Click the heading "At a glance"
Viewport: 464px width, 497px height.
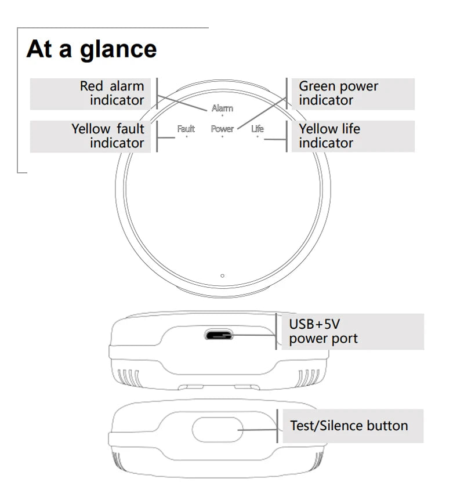[x=92, y=49]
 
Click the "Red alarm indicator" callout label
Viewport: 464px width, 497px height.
[x=112, y=93]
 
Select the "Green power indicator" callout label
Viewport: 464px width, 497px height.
[x=338, y=93]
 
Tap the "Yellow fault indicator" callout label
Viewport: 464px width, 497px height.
[x=108, y=136]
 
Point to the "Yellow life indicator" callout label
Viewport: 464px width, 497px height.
[x=329, y=136]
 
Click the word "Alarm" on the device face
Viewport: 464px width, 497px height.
[x=222, y=108]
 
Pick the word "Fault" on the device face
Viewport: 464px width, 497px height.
[x=186, y=129]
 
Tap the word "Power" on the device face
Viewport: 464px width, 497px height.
[x=222, y=129]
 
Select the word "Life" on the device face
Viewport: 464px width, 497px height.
[x=257, y=129]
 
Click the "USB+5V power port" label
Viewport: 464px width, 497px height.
[x=323, y=332]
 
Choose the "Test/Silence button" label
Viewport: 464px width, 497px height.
[x=349, y=426]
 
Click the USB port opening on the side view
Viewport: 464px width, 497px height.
[x=219, y=335]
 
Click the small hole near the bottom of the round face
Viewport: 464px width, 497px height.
[x=223, y=276]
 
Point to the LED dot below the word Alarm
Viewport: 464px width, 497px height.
[x=222, y=116]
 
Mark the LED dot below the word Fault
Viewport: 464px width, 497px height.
[x=186, y=137]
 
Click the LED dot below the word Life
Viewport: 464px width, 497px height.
[x=257, y=137]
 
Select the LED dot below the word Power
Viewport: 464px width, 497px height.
[x=222, y=137]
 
